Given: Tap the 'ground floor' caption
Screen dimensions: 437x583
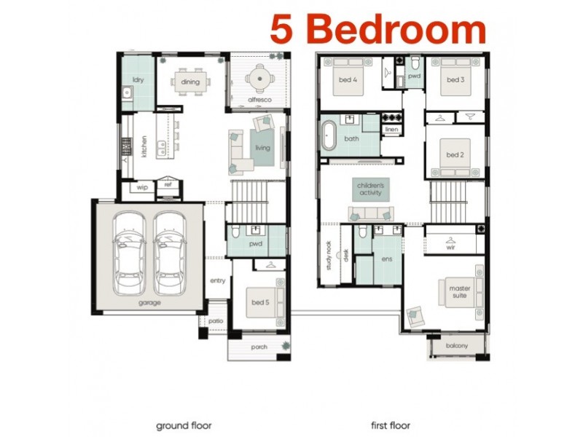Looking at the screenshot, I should point(184,425).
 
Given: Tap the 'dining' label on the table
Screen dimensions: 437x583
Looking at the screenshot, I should point(190,82).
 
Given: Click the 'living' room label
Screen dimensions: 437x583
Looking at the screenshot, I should point(262,148).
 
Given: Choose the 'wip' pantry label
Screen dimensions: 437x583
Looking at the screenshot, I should point(142,186).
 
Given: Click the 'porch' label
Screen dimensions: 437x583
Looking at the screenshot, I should point(260,347).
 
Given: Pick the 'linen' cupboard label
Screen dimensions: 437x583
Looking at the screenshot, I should point(391,130).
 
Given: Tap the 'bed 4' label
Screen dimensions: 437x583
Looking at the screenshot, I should point(348,80).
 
